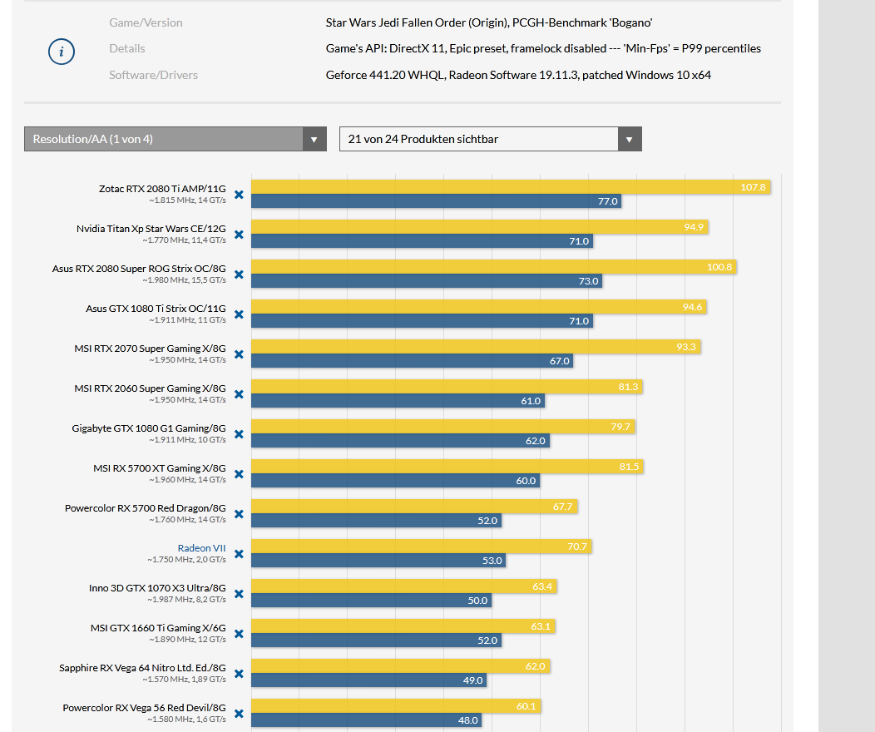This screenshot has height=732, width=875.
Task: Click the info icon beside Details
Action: point(61,52)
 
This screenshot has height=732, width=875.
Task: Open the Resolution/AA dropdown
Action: point(175,139)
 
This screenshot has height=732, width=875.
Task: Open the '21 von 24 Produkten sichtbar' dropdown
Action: point(490,139)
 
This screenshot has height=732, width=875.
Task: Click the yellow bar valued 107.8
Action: point(510,187)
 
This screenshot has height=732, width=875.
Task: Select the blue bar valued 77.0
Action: point(436,201)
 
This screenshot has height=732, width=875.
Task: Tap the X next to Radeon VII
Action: point(239,554)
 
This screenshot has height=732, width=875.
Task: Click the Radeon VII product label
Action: point(201,548)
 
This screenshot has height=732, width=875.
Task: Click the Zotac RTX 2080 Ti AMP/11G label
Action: point(162,189)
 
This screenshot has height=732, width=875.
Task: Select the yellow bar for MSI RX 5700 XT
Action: point(447,467)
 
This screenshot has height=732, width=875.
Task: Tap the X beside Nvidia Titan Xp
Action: point(239,235)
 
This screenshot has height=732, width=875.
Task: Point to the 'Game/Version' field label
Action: point(146,22)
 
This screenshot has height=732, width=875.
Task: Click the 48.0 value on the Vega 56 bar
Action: point(467,720)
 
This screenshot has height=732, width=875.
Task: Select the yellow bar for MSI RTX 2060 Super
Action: point(446,387)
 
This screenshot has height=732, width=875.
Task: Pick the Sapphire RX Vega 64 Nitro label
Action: point(142,668)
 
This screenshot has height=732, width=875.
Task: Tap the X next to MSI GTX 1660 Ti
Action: point(239,634)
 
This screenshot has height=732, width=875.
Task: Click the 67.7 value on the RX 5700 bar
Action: point(562,507)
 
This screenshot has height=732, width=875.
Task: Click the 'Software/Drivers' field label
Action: point(153,75)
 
